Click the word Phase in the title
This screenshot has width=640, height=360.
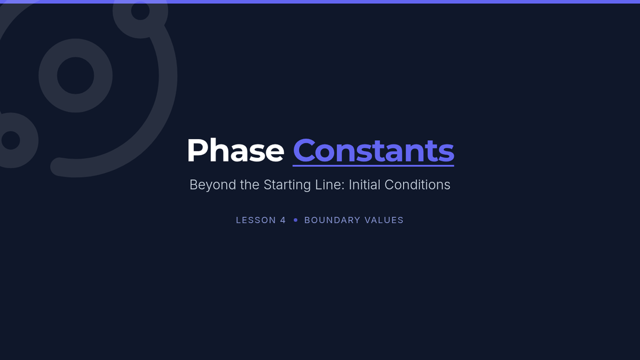click(235, 150)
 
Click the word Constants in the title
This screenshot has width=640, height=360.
click(373, 150)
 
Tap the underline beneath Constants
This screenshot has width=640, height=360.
click(373, 165)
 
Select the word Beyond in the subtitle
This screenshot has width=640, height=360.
click(213, 185)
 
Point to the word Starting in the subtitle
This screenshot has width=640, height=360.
click(287, 185)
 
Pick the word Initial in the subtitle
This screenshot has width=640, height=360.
click(364, 185)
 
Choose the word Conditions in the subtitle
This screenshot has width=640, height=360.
click(417, 185)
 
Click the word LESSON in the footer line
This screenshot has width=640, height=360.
click(255, 220)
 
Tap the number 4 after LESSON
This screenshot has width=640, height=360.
click(283, 220)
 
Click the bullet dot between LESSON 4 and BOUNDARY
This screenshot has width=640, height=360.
click(295, 220)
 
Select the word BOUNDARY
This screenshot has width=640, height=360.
click(332, 220)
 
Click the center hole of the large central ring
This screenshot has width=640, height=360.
click(75, 75)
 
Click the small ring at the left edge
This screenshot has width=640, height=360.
click(29, 140)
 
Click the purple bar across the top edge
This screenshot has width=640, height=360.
click(320, 2)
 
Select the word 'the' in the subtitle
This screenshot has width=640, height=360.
click(250, 185)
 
